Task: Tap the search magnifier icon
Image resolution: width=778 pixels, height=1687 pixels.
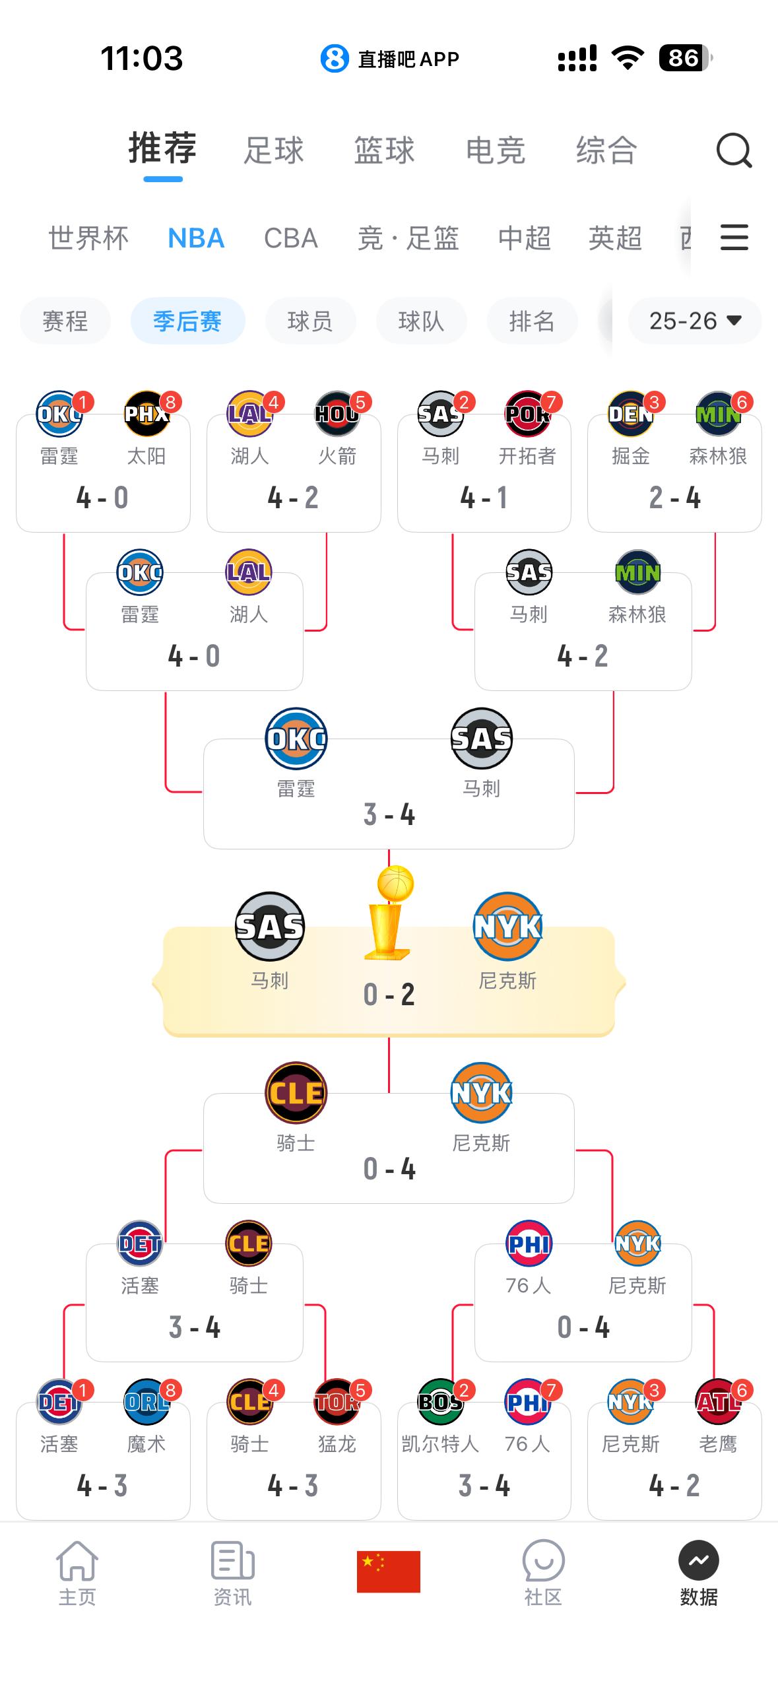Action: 734,151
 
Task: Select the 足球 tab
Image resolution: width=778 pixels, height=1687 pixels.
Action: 273,150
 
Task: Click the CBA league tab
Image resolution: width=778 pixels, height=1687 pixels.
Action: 291,238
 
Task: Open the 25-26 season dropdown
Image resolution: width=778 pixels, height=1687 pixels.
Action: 695,321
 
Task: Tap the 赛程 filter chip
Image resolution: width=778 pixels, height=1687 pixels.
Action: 65,321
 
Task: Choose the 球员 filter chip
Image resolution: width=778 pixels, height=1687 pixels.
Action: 310,321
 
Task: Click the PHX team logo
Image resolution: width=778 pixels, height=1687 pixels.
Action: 146,414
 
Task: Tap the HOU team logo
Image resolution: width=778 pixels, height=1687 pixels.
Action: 337,414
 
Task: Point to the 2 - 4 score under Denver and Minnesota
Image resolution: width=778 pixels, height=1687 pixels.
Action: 674,498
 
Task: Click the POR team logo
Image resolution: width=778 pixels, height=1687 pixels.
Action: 527,414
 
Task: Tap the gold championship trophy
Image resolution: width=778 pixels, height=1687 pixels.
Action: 391,913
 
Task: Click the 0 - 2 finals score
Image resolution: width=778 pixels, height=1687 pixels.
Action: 389,995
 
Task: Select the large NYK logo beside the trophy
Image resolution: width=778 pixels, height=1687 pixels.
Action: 507,927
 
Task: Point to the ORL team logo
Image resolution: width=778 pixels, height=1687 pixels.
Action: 146,1402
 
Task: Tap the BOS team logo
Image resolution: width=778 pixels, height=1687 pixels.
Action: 440,1402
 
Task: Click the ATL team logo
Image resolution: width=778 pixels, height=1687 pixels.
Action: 718,1402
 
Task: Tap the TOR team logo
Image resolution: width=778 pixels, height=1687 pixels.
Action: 337,1402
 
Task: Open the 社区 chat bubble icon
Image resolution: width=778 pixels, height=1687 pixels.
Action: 543,1561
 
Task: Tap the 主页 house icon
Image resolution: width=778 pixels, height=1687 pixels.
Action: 77,1561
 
